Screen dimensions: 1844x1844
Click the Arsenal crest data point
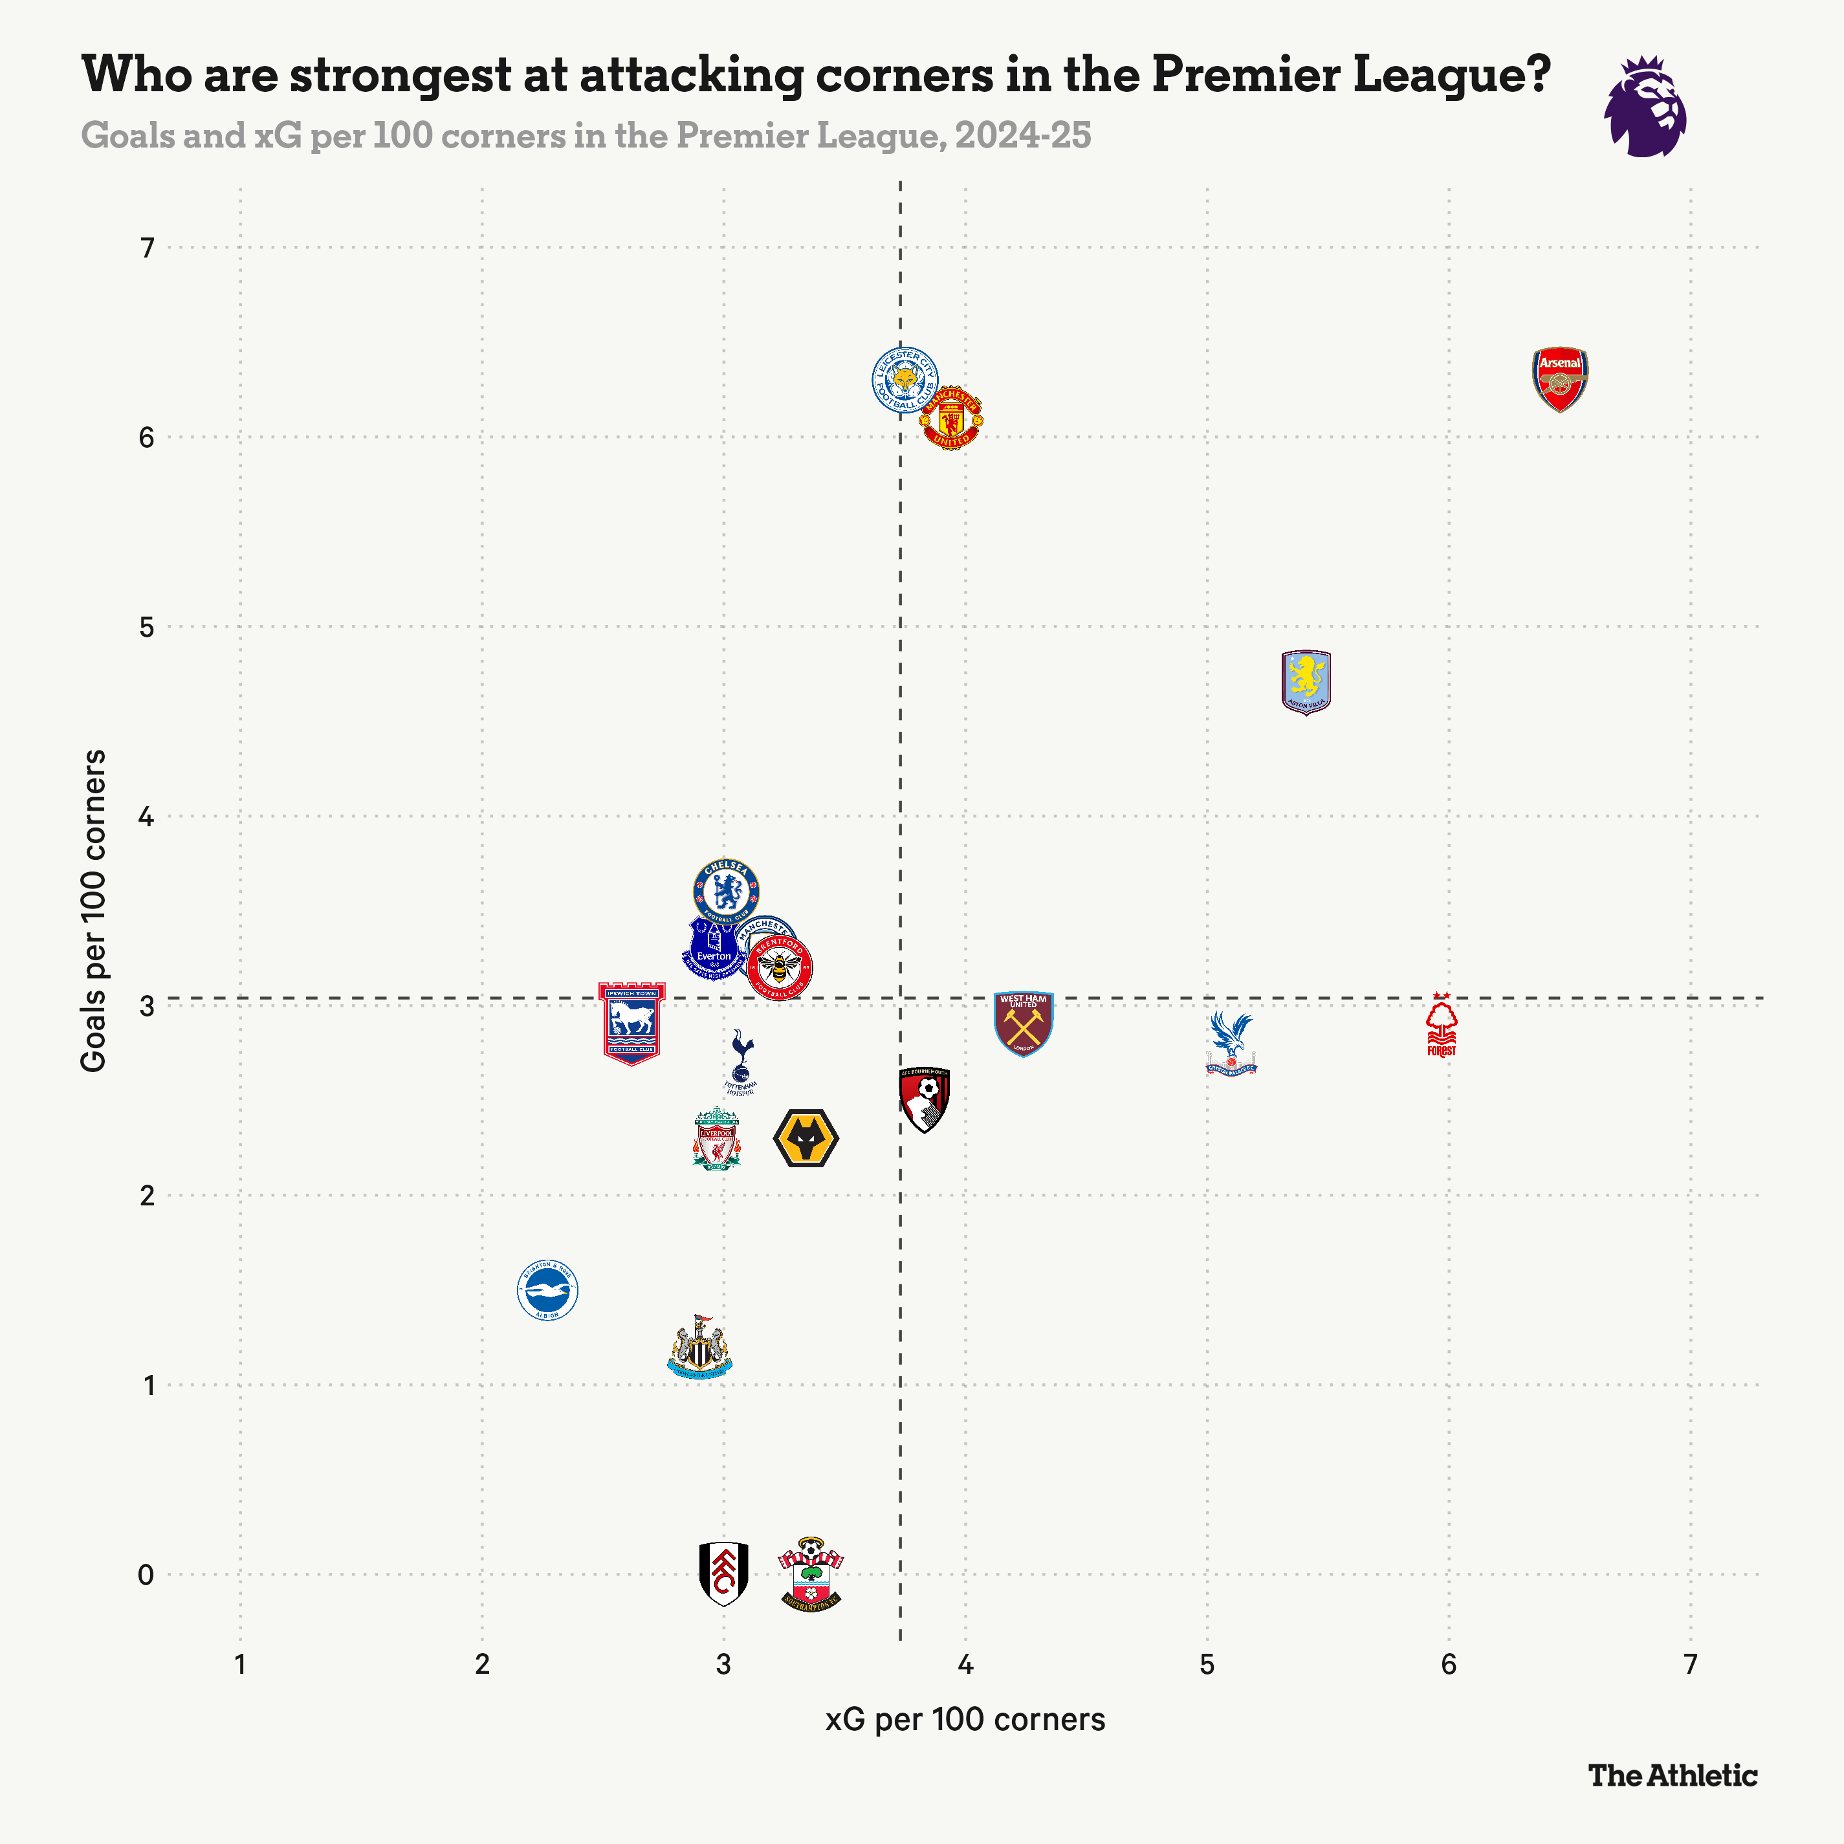tap(1559, 379)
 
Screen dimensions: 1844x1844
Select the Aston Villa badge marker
tap(1305, 681)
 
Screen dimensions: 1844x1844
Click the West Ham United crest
tap(1023, 1023)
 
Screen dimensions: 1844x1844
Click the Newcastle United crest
tap(699, 1348)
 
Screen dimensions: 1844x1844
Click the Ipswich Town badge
tap(632, 1023)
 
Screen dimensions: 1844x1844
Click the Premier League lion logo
tap(1645, 107)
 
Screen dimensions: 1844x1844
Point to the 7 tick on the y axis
tap(147, 248)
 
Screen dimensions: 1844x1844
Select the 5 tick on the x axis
tap(1207, 1665)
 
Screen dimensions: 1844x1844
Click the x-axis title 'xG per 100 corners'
tap(965, 1719)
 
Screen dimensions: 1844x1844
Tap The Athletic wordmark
tap(1672, 1775)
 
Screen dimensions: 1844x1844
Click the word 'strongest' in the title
tap(401, 74)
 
